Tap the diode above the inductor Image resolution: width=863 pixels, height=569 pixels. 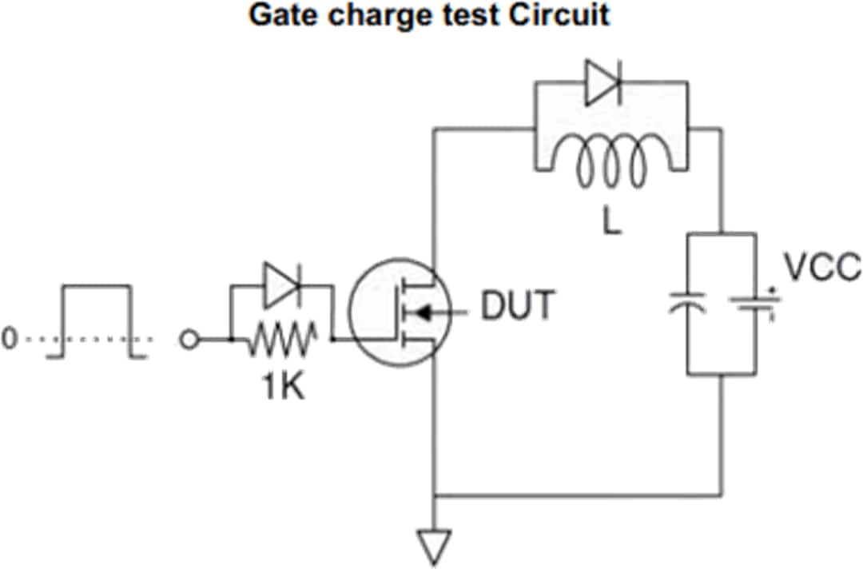coord(605,83)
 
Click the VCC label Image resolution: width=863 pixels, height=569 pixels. coord(821,269)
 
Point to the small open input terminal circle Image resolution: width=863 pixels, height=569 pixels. coord(189,340)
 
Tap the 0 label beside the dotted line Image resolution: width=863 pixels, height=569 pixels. coord(9,339)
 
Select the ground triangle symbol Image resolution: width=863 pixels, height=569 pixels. coord(435,547)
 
